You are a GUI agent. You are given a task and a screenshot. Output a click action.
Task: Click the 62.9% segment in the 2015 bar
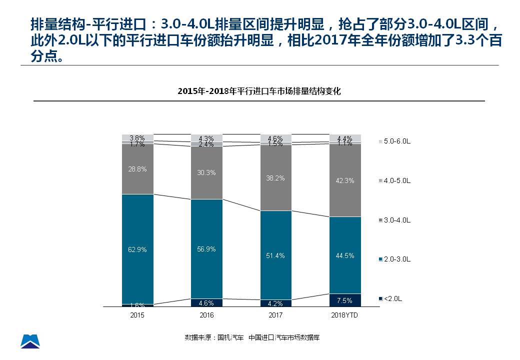pos(137,249)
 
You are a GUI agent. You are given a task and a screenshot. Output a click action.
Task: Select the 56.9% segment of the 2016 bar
pos(206,248)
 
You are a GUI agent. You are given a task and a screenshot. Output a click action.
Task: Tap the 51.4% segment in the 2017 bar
pos(275,255)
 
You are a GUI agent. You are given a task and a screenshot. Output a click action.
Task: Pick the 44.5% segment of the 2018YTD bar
pos(344,255)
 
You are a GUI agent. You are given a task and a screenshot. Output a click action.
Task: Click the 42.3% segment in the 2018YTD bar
pos(344,180)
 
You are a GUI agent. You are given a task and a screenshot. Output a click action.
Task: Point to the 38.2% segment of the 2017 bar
pos(275,178)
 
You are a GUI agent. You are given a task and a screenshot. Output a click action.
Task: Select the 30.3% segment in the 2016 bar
pos(206,172)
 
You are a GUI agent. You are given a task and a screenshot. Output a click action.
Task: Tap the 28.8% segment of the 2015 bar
pos(137,169)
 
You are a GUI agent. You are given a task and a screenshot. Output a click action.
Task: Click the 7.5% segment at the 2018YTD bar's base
pos(344,300)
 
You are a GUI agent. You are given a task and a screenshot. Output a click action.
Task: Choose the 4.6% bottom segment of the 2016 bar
pos(206,302)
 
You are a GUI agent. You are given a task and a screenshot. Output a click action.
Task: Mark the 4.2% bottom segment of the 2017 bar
pos(275,303)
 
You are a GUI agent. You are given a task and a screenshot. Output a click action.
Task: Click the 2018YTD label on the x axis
pos(344,315)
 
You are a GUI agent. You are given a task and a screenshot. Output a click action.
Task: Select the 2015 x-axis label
pos(137,315)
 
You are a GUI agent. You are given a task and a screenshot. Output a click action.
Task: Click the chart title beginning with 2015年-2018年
pos(259,91)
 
